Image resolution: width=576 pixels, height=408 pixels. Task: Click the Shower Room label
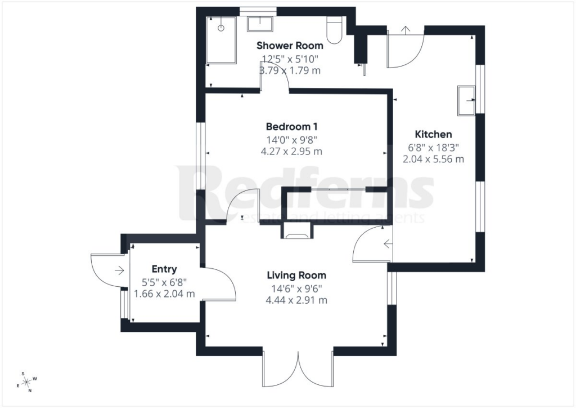coord(290,46)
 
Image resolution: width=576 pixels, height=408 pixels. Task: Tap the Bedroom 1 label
coord(292,127)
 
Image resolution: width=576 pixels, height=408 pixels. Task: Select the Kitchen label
coord(433,134)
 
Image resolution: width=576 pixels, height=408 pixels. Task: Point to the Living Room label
coord(296,276)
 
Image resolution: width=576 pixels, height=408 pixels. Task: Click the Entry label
coord(164,269)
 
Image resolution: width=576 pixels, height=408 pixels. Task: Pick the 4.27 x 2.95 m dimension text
coord(291,152)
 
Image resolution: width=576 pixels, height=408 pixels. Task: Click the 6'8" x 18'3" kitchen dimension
coord(434,148)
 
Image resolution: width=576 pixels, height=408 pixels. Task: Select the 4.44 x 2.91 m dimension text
coord(296,300)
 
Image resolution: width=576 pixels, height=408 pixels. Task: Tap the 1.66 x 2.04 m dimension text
coord(164,294)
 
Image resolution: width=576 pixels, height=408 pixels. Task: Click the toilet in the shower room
coord(334,30)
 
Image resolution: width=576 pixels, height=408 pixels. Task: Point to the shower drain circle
coord(220,28)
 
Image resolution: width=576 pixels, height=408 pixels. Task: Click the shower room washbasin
coord(260,24)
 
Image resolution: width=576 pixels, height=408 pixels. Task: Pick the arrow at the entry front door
coord(119,270)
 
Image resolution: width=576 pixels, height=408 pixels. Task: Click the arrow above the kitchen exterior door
coord(406,30)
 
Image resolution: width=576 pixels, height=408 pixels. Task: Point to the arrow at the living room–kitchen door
coord(388,243)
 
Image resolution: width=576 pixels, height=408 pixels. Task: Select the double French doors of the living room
coord(298,369)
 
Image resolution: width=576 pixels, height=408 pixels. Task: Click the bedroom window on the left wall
coord(200,156)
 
